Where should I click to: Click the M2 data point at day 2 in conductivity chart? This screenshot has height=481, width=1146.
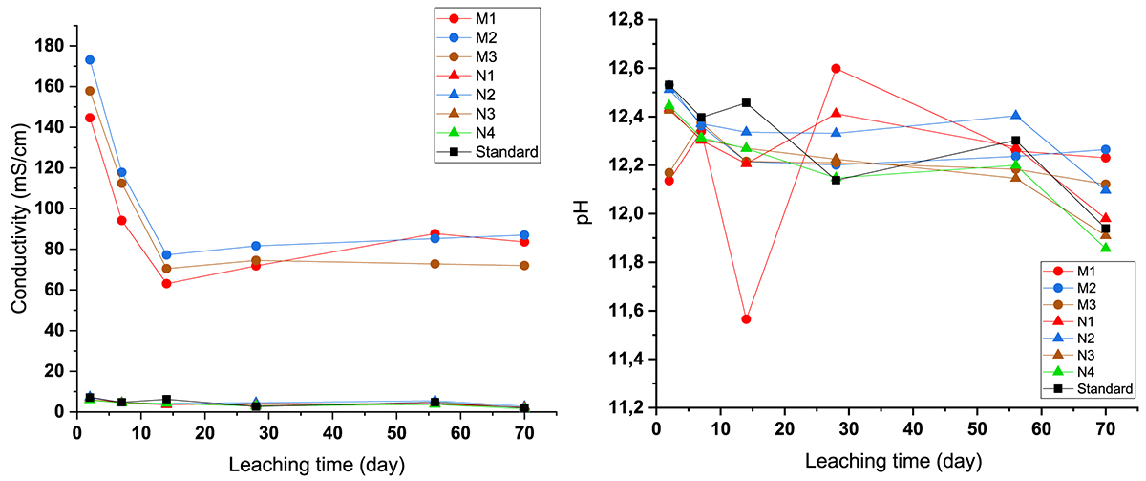coord(90,59)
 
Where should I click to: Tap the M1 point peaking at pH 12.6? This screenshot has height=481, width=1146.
coord(836,69)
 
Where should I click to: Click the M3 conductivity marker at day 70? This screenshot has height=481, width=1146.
coord(524,265)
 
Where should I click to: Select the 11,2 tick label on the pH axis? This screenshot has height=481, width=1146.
coord(626,408)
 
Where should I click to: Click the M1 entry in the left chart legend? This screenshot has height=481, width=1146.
coord(472,18)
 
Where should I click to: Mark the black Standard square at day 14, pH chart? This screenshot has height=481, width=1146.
coord(746,102)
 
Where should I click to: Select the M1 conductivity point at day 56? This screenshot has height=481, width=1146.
coord(435,233)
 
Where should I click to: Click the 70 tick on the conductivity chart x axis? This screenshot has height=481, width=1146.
coord(524,431)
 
